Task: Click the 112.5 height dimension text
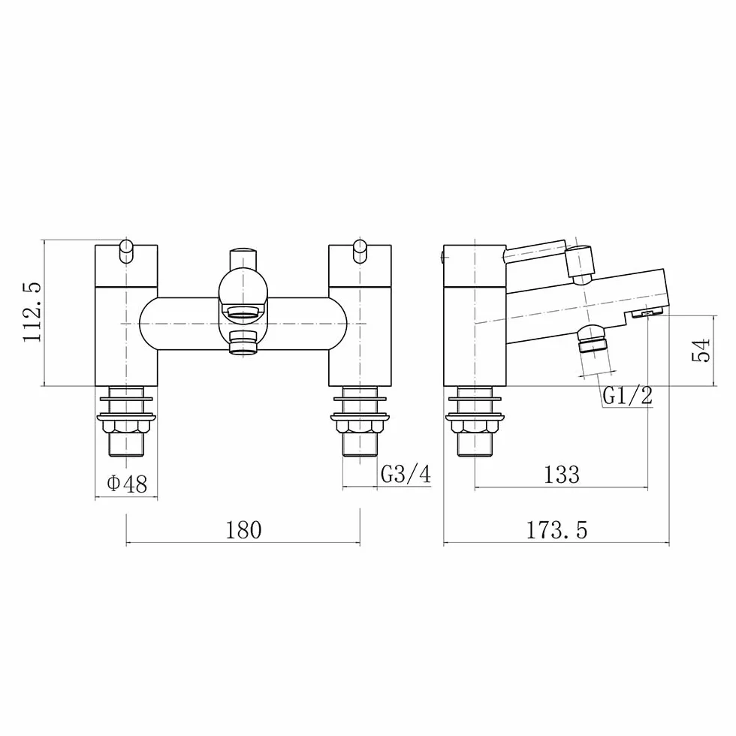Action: [33, 312]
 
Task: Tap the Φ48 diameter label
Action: [127, 483]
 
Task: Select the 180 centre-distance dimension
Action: [243, 530]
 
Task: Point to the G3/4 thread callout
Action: [406, 474]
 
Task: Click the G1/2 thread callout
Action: [628, 396]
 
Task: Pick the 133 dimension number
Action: [562, 475]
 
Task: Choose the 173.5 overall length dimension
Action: [557, 530]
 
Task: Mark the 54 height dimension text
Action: [701, 350]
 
